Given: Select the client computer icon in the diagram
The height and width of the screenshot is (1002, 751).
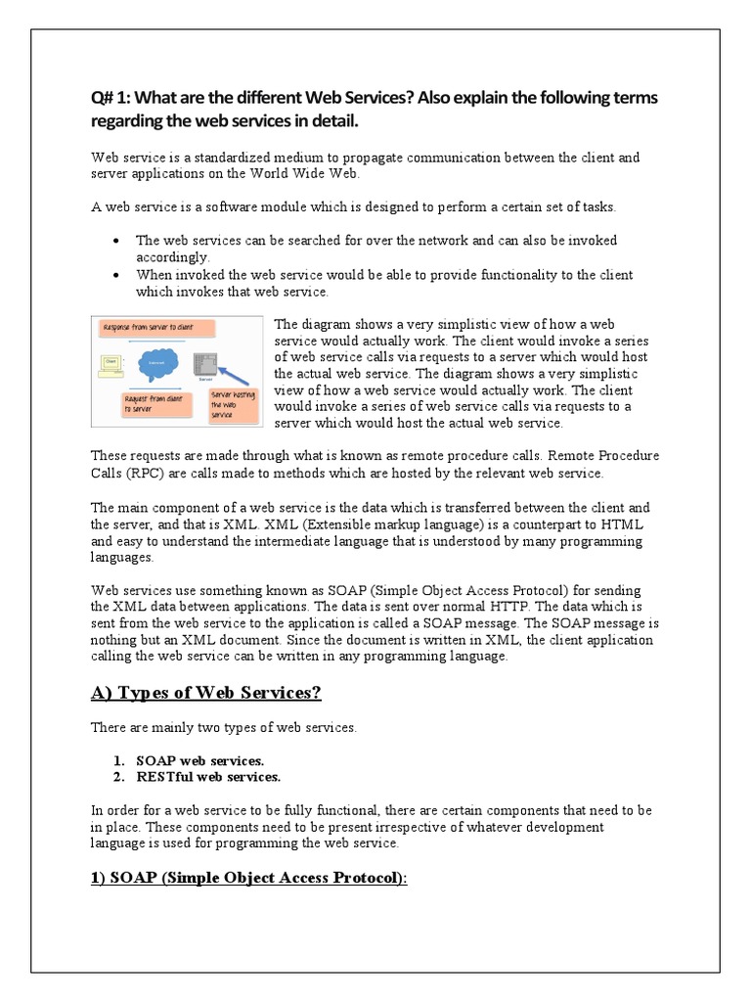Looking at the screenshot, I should [110, 364].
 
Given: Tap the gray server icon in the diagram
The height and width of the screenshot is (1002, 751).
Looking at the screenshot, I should [203, 363].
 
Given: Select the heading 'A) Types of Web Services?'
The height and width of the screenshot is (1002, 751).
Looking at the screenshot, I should [206, 693].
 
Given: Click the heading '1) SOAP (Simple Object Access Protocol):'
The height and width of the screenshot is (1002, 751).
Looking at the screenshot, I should [248, 878].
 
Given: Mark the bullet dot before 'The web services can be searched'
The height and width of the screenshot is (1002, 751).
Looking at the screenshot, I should [117, 241].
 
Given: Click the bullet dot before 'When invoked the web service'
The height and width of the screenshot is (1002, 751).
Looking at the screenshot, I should [117, 275].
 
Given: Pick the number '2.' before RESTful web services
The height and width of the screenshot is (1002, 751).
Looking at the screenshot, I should [117, 777].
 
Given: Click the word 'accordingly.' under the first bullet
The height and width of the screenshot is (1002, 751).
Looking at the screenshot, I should [173, 257].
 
